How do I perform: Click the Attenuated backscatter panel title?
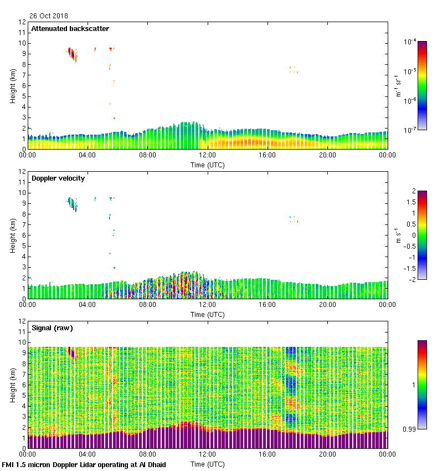click(70, 29)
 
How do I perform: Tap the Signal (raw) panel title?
click(52, 328)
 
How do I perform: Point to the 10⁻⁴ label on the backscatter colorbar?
click(410, 42)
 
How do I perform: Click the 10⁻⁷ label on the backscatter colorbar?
click(410, 129)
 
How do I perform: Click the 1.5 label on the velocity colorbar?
click(410, 202)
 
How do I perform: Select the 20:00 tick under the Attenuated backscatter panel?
click(327, 155)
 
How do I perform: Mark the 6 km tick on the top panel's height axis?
click(23, 85)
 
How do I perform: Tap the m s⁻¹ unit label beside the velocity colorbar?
click(398, 235)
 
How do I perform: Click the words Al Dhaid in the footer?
click(151, 464)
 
